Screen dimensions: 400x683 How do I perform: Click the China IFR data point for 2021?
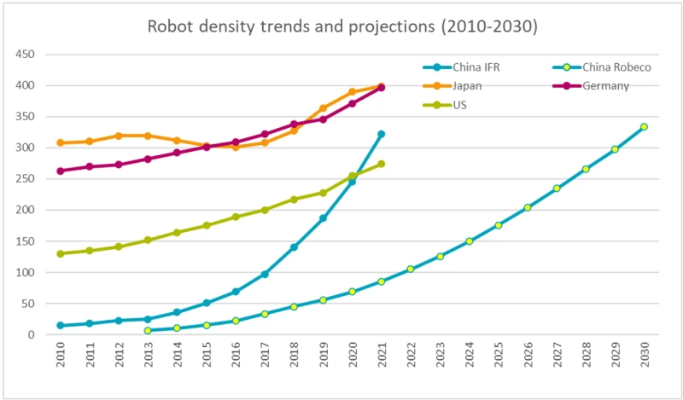click(x=382, y=134)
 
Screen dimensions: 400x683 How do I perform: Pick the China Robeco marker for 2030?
click(x=644, y=127)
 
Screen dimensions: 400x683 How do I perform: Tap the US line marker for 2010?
click(x=61, y=253)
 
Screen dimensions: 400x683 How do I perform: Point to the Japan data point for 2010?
click(x=61, y=142)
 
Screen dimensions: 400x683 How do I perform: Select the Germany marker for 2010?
click(x=61, y=171)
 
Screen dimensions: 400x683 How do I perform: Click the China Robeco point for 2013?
click(x=148, y=330)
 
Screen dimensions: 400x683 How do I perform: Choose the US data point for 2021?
click(x=382, y=164)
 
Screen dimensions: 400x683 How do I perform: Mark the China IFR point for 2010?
click(x=61, y=325)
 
